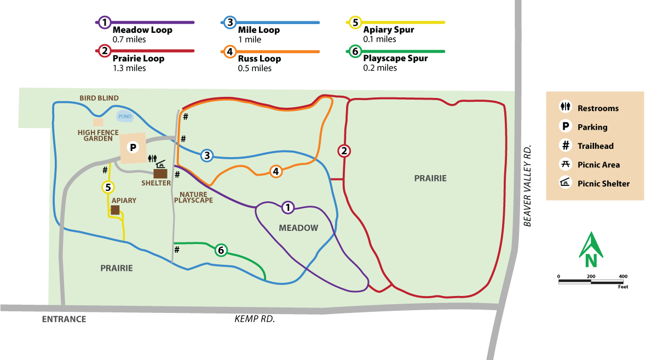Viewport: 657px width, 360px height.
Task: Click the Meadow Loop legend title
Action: (142, 30)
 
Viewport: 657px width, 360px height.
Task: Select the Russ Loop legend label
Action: (260, 59)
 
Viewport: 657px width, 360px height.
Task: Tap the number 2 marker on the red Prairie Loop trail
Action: (344, 152)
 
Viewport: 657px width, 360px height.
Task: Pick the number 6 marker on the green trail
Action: (221, 251)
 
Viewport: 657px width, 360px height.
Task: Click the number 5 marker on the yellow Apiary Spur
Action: (108, 188)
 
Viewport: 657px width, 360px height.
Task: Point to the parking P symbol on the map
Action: (132, 147)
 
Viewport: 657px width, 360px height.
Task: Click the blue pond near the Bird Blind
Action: (125, 116)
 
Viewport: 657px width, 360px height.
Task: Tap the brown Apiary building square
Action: (116, 210)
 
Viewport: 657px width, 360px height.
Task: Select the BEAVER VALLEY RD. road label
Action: (528, 186)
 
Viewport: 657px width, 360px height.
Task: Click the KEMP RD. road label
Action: (254, 319)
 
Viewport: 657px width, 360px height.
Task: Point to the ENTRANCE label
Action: (64, 319)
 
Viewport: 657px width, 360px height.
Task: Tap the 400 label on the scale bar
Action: (623, 276)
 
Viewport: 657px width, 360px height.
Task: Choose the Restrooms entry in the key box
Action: (598, 108)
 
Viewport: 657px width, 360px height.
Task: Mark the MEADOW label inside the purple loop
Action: (298, 228)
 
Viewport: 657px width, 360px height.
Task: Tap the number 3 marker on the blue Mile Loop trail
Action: (207, 155)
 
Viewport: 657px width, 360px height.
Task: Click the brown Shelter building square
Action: (160, 173)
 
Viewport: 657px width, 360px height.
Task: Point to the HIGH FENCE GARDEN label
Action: (99, 135)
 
